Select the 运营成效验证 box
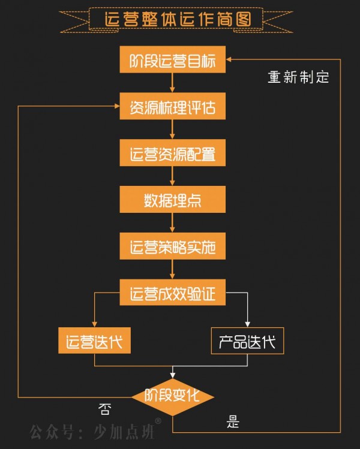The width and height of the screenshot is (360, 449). point(172,294)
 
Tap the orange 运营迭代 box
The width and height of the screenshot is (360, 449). point(95,342)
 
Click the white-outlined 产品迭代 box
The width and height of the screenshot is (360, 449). point(248,342)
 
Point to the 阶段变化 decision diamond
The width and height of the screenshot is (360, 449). point(173,396)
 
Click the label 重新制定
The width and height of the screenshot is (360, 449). point(298,77)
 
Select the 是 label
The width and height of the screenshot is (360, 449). point(233,421)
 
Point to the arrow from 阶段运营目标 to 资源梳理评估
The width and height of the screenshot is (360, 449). point(172,84)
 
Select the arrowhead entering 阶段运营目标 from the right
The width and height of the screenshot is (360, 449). point(230,60)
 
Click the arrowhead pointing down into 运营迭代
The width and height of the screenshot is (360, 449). point(95,323)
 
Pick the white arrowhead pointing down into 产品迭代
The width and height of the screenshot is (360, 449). point(248,323)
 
